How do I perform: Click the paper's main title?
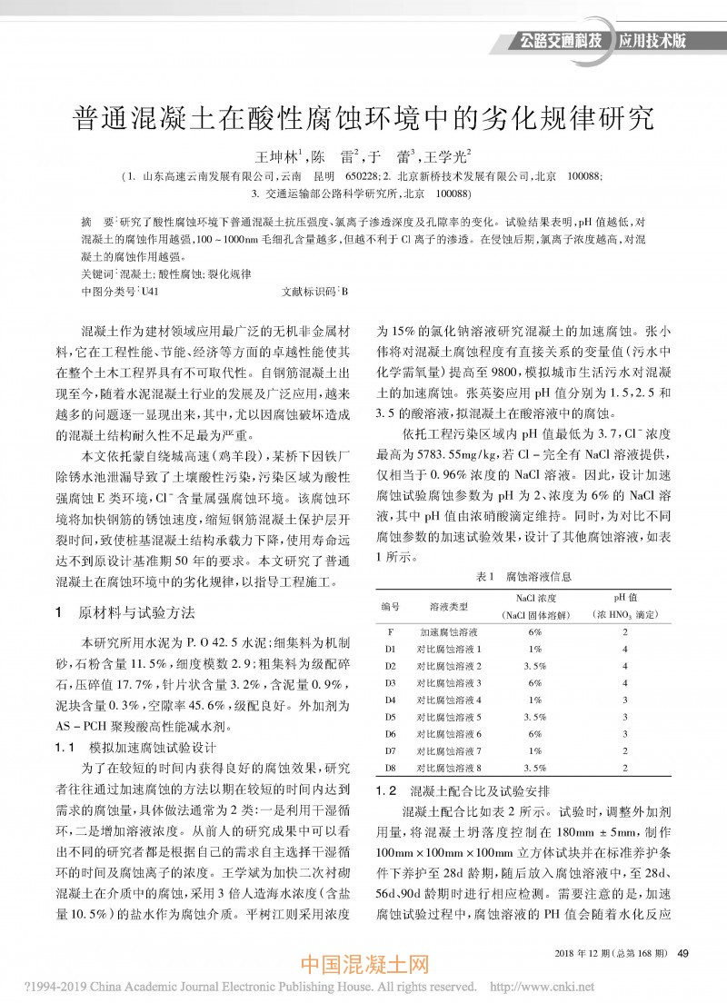click(x=363, y=118)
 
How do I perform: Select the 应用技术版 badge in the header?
click(x=652, y=41)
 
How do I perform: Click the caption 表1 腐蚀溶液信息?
click(x=524, y=576)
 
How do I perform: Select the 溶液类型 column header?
click(x=448, y=605)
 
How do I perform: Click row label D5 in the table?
click(x=390, y=716)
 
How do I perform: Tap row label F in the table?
click(x=390, y=631)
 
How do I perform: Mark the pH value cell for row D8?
click(x=625, y=768)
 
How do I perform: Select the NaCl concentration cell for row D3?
click(x=534, y=681)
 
